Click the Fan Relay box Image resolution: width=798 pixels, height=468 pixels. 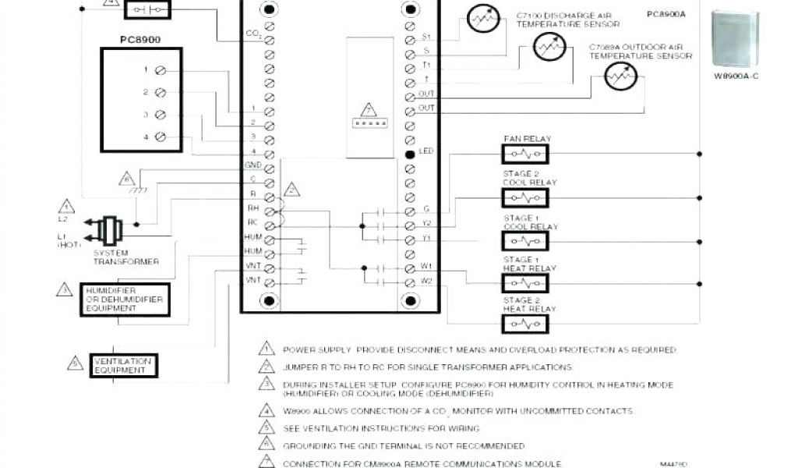[525, 155]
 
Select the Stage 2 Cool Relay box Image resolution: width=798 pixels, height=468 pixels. [525, 197]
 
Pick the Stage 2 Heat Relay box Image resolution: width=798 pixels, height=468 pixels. [525, 323]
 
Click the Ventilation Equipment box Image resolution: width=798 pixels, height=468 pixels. [122, 365]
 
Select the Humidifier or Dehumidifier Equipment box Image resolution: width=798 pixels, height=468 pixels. [125, 300]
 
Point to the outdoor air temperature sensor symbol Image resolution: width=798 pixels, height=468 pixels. [621, 76]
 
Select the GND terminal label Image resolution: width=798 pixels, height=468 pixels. [252, 165]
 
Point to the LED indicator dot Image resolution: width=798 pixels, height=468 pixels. [410, 151]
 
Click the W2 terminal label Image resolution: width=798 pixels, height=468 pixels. [426, 281]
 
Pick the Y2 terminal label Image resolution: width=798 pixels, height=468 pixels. [426, 223]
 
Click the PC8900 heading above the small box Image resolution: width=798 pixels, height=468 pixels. [140, 37]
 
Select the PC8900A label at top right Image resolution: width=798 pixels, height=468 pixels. [661, 14]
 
